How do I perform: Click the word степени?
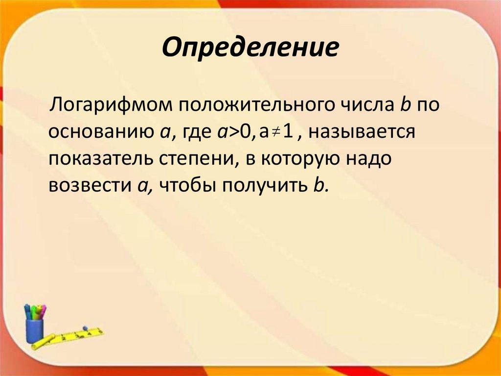[x=195, y=159]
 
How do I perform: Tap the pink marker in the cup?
[x=43, y=312]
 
